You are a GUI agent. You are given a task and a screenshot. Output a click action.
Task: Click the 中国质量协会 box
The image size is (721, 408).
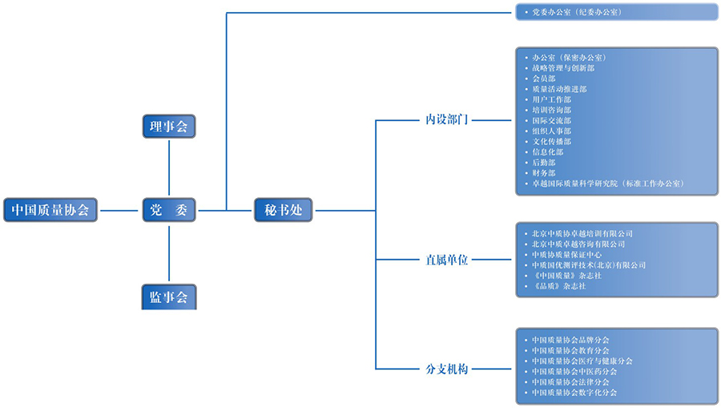(50, 210)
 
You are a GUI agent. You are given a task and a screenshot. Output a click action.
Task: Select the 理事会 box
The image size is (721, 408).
(169, 126)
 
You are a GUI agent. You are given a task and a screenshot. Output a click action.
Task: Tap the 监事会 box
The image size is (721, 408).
(169, 297)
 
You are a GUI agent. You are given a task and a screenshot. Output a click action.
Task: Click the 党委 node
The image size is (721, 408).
(169, 210)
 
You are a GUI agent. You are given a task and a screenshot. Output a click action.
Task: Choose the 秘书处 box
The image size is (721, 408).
(283, 210)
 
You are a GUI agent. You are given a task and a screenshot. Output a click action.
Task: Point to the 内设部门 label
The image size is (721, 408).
(446, 120)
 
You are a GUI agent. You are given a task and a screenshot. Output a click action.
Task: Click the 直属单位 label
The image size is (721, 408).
(446, 260)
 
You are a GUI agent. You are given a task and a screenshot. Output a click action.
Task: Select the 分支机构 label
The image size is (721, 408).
(446, 369)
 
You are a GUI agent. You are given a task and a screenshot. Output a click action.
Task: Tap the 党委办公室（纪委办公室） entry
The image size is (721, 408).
(577, 13)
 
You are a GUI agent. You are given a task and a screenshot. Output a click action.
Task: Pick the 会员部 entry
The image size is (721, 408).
(544, 79)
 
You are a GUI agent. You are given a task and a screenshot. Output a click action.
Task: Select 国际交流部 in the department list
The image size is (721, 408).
(552, 120)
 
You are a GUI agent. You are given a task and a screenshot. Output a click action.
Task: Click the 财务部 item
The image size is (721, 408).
(544, 172)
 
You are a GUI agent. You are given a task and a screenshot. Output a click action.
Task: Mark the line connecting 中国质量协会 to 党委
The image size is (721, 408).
(119, 210)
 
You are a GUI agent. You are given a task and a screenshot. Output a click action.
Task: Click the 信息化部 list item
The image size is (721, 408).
(548, 151)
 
